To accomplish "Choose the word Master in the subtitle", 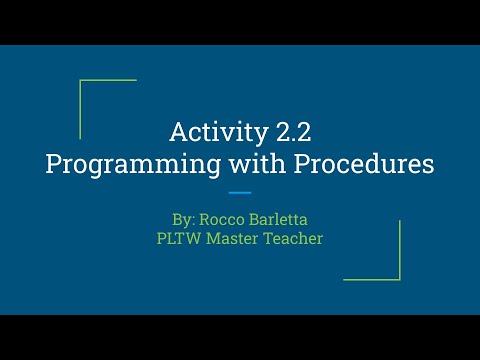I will (x=236, y=240).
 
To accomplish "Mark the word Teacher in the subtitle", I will (x=295, y=240).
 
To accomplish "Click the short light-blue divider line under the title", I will (x=240, y=192).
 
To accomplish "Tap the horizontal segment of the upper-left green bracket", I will (x=108, y=80).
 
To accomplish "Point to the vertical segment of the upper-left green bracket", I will (x=80, y=109).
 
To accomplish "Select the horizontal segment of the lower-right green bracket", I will (x=372, y=279).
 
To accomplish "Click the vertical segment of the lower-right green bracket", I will (x=400, y=250).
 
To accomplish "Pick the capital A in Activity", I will (x=178, y=132).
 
